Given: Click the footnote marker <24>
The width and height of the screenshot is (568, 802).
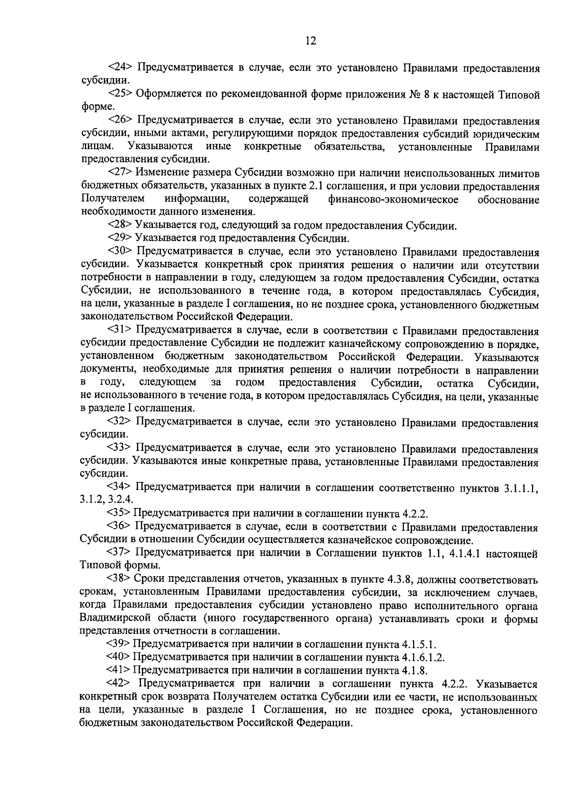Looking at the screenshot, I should tap(119, 68).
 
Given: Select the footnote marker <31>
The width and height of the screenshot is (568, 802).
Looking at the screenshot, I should tap(119, 330).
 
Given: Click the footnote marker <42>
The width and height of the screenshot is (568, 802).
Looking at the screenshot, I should tap(119, 684).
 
